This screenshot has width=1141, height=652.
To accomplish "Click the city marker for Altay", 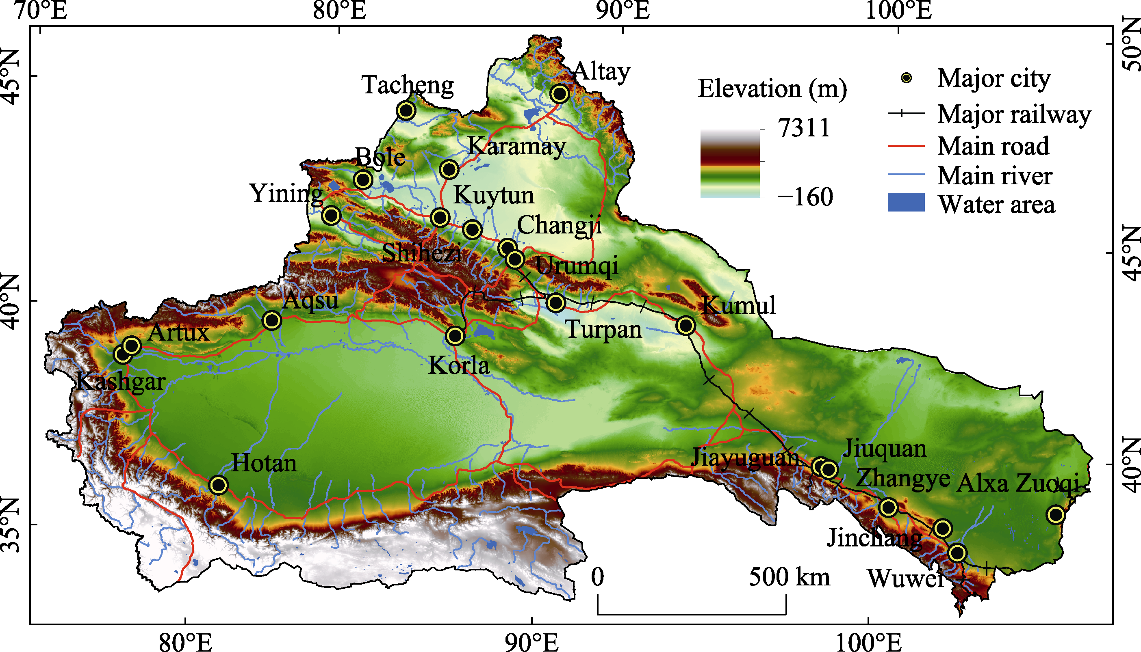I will coord(560,94).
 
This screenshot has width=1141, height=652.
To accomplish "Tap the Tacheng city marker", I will coord(406,110).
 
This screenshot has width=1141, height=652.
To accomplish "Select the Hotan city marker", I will coord(218,485).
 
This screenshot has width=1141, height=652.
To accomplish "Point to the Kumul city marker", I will coord(685,326).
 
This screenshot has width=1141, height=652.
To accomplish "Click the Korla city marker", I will coord(455,335).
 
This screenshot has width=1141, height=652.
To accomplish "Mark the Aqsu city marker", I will coord(272,321).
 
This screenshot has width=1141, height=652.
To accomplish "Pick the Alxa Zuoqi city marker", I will coord(1056,515).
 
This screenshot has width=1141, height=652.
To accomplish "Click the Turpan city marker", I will coord(556,303).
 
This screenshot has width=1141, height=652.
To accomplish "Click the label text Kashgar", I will coord(121,382).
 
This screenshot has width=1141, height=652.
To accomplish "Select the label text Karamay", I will coord(516,147).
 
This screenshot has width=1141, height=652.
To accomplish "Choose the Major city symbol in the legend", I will coord(906,78).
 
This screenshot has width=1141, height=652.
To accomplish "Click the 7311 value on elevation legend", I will coord(804,128).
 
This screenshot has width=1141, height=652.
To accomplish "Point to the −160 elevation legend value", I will coord(805,196).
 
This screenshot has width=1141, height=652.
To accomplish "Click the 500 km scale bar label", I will coord(789,577).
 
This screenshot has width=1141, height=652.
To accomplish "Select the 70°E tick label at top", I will coord(41,11).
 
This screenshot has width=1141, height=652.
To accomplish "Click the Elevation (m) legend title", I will coord(772,89).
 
